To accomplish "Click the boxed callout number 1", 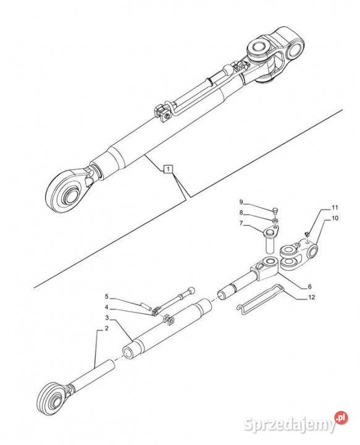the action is pyautogui.click(x=169, y=169).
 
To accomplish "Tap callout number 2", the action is pyautogui.click(x=107, y=329).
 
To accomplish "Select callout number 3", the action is pyautogui.click(x=107, y=317).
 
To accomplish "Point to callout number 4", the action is pyautogui.click(x=106, y=307).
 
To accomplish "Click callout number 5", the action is pyautogui.click(x=107, y=297).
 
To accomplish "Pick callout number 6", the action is pyautogui.click(x=310, y=286).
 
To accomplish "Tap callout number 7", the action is pyautogui.click(x=241, y=223).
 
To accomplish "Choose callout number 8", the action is pyautogui.click(x=241, y=213).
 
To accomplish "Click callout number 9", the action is pyautogui.click(x=241, y=202).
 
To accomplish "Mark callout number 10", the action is pyautogui.click(x=335, y=218).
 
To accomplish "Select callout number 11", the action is pyautogui.click(x=335, y=208).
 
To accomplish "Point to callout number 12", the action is pyautogui.click(x=312, y=297).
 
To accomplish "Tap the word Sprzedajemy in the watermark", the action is pyautogui.click(x=289, y=425).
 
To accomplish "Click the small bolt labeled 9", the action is pyautogui.click(x=275, y=211).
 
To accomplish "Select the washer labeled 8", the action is pyautogui.click(x=275, y=220).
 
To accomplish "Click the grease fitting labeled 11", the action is pyautogui.click(x=306, y=234).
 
